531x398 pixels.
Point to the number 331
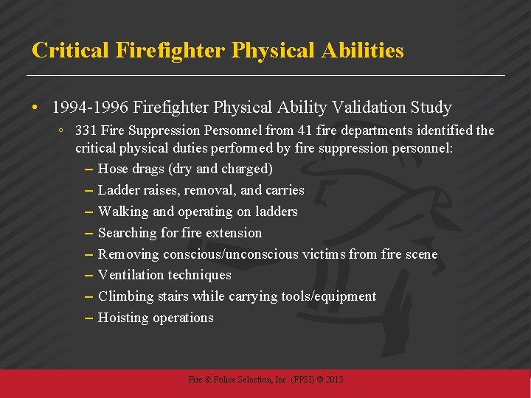click(86, 130)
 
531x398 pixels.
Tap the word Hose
click(112, 169)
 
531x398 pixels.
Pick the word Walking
click(122, 212)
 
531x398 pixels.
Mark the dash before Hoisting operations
click(88, 318)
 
